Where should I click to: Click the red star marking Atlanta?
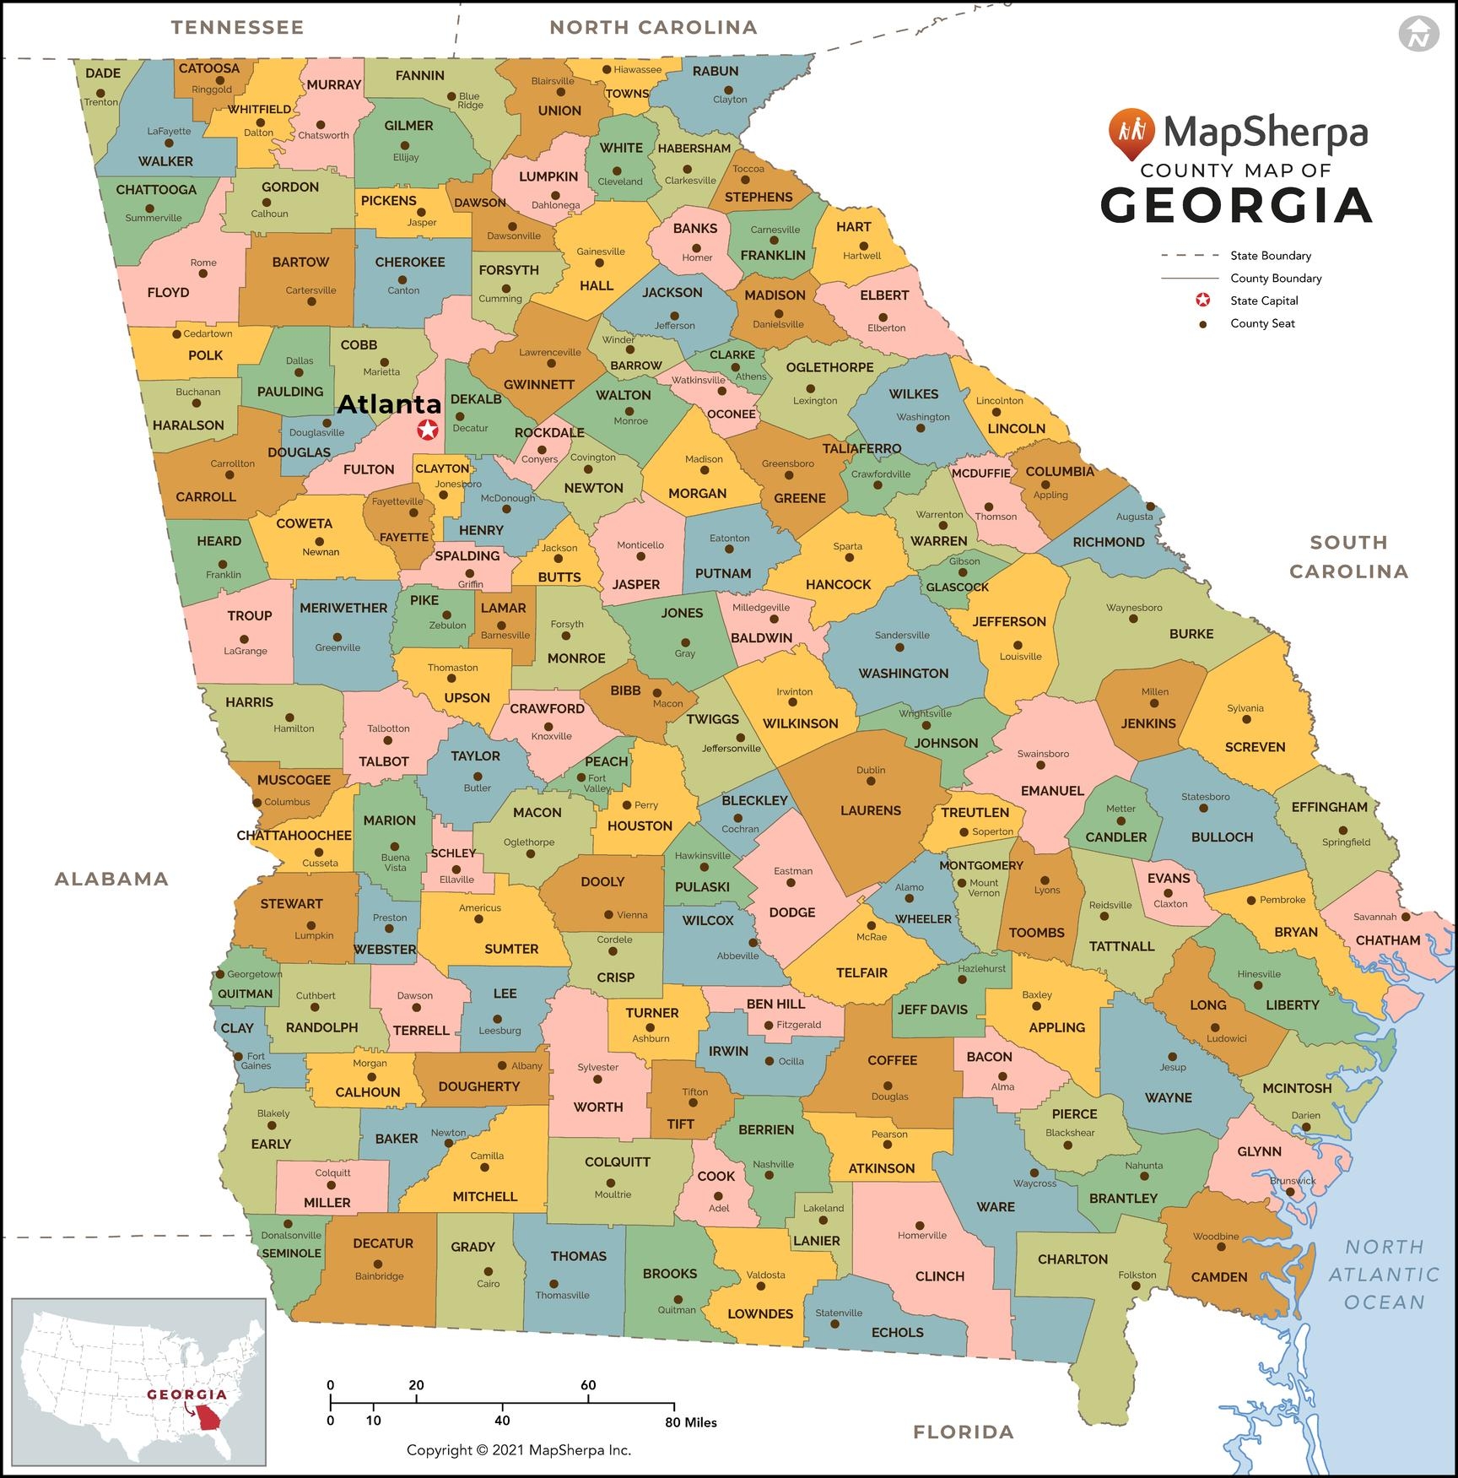click(x=428, y=430)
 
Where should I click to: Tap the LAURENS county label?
click(x=870, y=810)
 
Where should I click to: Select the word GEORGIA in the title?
click(x=1235, y=205)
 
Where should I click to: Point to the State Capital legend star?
click(x=1202, y=300)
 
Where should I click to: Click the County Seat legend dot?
click(x=1202, y=323)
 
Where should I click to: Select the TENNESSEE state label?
click(x=237, y=27)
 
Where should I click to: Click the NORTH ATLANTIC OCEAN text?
click(x=1384, y=1274)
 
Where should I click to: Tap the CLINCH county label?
click(x=939, y=1275)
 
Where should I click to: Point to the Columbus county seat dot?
click(x=257, y=802)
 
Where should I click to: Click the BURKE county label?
click(x=1191, y=633)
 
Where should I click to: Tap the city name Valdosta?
click(x=765, y=1275)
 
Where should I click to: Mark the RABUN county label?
click(x=715, y=71)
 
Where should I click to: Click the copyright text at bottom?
click(x=518, y=1450)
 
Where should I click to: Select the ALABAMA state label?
click(x=111, y=879)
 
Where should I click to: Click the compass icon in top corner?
click(x=1418, y=34)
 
